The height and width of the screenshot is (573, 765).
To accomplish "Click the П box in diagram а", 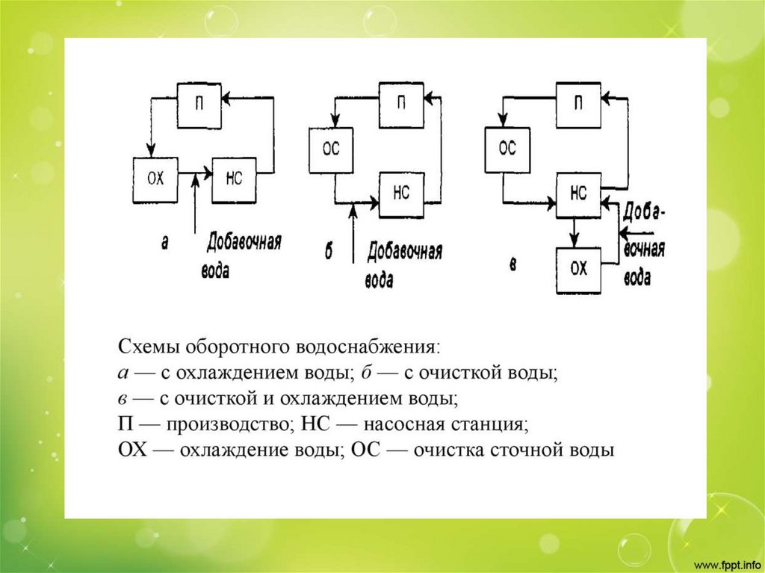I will pyautogui.click(x=199, y=104).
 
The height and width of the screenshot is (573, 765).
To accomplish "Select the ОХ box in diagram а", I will pyautogui.click(x=155, y=179).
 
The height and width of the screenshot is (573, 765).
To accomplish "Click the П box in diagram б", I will pyautogui.click(x=402, y=103).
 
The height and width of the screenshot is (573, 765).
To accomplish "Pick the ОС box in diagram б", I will pyautogui.click(x=331, y=149).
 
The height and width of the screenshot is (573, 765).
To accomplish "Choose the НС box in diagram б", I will pyautogui.click(x=402, y=194).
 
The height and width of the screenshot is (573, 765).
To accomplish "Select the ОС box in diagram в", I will pyautogui.click(x=507, y=149).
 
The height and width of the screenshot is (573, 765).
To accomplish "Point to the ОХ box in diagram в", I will pyautogui.click(x=578, y=269).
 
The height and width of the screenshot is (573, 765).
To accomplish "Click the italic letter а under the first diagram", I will pyautogui.click(x=164, y=242).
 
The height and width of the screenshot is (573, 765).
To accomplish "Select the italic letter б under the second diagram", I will pyautogui.click(x=328, y=253).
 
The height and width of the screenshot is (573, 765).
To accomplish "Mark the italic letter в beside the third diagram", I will pyautogui.click(x=512, y=264).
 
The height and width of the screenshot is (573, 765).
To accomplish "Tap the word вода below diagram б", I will pyautogui.click(x=380, y=280).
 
